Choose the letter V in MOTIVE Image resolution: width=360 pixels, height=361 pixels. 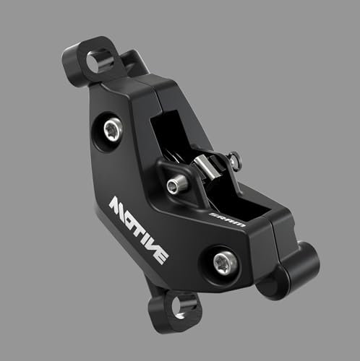click(155, 244)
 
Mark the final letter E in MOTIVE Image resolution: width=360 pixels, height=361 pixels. click(166, 254)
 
